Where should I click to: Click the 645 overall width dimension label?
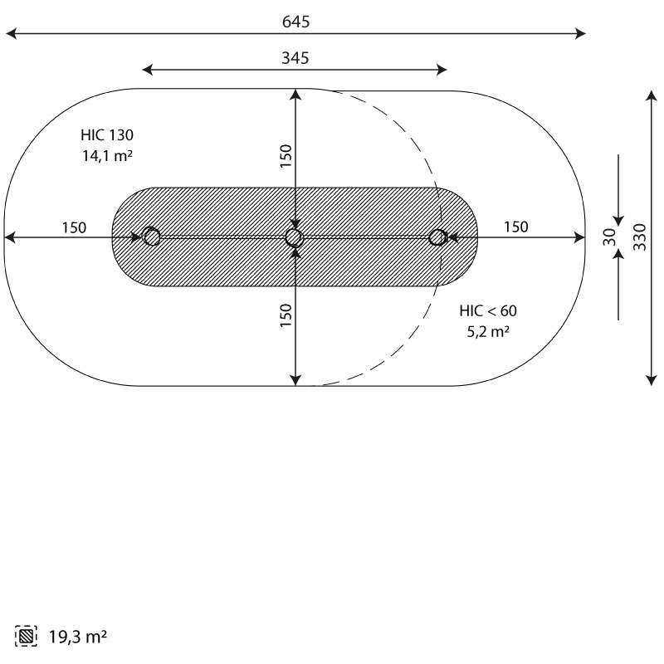[x=296, y=22]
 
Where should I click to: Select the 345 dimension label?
[x=295, y=58]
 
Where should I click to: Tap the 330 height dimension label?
[x=640, y=237]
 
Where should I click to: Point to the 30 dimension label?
[x=609, y=237]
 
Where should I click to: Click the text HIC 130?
[x=107, y=135]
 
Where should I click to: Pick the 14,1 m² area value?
[x=107, y=156]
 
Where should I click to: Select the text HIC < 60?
[x=488, y=310]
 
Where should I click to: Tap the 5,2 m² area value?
[x=488, y=331]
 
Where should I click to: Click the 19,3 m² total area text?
[x=78, y=637]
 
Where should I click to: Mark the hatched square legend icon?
[x=26, y=636]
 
